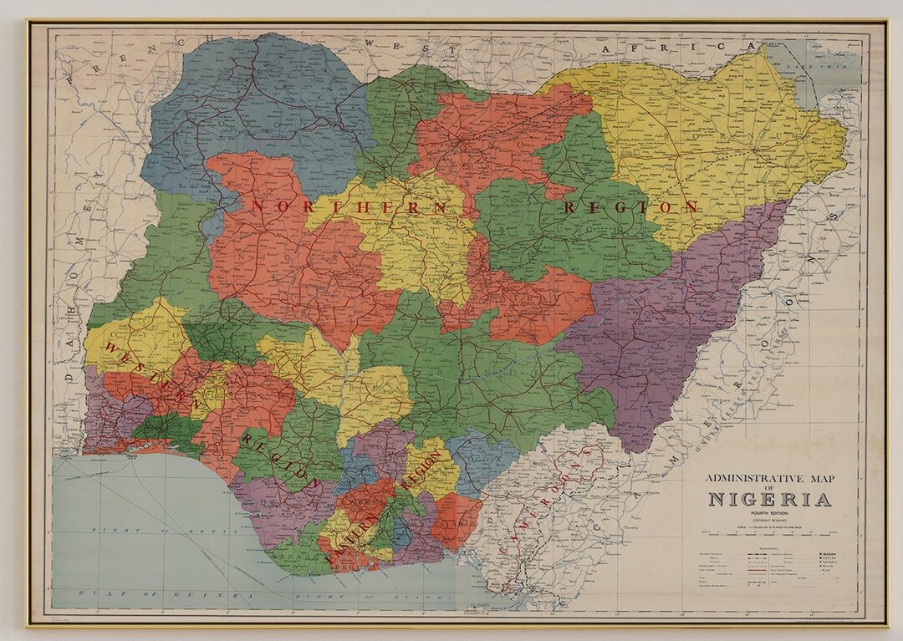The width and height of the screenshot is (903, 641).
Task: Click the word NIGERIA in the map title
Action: click(770, 500)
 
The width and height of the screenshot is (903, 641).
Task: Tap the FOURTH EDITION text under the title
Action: click(770, 512)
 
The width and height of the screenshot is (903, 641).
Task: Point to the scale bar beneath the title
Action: click(769, 534)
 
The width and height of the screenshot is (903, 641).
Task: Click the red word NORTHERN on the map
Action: click(347, 206)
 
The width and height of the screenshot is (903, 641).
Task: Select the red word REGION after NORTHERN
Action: click(631, 206)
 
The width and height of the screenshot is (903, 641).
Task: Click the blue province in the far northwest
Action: click(251, 109)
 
